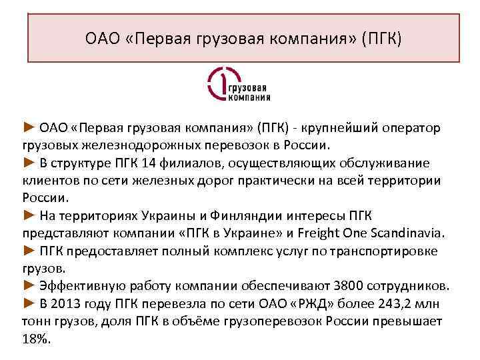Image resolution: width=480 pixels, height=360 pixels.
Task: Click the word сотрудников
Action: (406, 286)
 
